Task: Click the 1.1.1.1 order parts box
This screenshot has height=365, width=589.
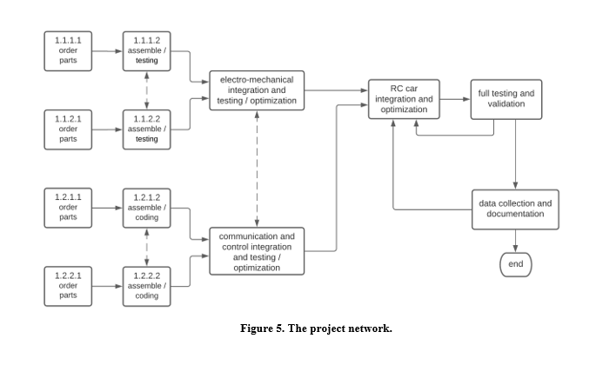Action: pos(67,51)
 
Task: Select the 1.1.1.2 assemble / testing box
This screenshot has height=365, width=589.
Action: pos(147,51)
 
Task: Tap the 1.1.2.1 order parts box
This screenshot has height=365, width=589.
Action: pos(67,129)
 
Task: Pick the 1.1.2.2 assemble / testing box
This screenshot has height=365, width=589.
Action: pos(147,129)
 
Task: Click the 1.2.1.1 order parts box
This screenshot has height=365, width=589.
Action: pos(67,208)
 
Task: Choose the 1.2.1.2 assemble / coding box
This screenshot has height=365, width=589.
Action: pos(147,208)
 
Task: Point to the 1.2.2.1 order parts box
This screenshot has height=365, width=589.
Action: pos(67,286)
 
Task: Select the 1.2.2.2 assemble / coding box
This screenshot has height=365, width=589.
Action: pos(147,286)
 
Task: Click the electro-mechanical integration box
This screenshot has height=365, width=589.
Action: pos(257,90)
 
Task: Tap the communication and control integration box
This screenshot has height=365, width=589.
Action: pos(257,250)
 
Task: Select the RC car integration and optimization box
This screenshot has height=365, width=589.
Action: pos(404,98)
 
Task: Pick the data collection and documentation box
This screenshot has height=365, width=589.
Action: pos(516,209)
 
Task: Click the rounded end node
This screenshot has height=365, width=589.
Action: pos(516,263)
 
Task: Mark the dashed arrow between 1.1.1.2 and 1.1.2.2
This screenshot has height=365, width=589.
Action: pos(147,90)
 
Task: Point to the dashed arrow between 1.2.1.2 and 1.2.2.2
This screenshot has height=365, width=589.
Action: pos(147,247)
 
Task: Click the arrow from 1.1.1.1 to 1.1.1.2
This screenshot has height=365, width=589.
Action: pos(107,51)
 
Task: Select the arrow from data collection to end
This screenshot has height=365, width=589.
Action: pos(516,240)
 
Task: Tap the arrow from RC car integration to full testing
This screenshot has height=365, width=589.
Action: pos(455,99)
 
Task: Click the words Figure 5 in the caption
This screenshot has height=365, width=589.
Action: pos(266,328)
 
